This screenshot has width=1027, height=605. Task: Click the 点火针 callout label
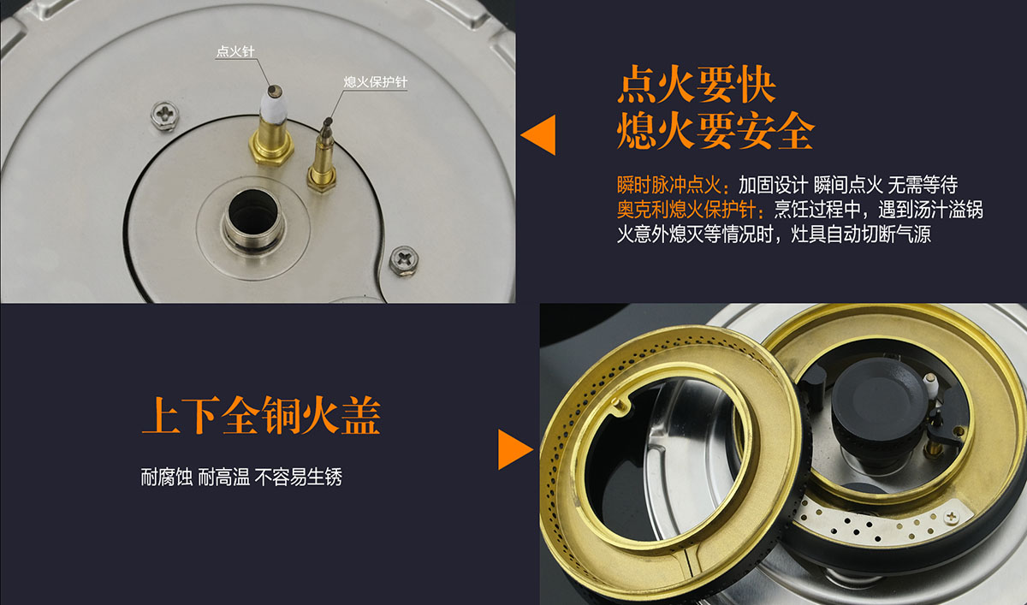pyautogui.click(x=235, y=50)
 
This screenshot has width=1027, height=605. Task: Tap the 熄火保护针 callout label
pyautogui.click(x=375, y=82)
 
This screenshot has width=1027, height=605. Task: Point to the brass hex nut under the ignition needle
pyautogui.click(x=271, y=150)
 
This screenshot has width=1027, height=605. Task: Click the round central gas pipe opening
pyautogui.click(x=252, y=214)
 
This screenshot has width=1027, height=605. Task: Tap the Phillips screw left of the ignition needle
pyautogui.click(x=165, y=116)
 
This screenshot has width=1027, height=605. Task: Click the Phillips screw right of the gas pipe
pyautogui.click(x=403, y=260)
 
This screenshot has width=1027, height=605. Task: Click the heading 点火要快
pyautogui.click(x=697, y=85)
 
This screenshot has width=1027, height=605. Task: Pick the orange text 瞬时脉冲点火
pyautogui.click(x=669, y=185)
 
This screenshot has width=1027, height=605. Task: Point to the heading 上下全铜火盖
pyautogui.click(x=261, y=415)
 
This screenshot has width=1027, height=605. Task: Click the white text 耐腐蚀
pyautogui.click(x=166, y=477)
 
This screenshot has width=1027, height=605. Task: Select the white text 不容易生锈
pyautogui.click(x=299, y=477)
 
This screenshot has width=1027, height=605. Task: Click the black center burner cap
pyautogui.click(x=880, y=394)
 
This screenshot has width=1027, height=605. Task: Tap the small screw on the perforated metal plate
pyautogui.click(x=951, y=517)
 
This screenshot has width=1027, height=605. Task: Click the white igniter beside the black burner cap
pyautogui.click(x=930, y=384)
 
